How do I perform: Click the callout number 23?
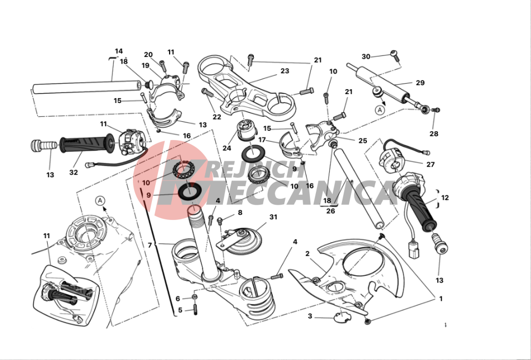285,71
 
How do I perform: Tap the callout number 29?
420,83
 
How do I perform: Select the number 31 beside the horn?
273,217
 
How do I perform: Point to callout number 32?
74,172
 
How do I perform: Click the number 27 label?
431,164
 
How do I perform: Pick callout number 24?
227,148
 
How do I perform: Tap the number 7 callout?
150,245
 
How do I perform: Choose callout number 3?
310,316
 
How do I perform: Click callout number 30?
366,56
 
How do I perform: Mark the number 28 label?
434,134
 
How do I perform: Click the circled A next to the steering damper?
380,110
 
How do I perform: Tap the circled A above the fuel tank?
100,200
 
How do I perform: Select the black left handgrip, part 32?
88,144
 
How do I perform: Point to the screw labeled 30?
395,56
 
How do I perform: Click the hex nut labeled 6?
195,297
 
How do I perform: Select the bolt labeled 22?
208,92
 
